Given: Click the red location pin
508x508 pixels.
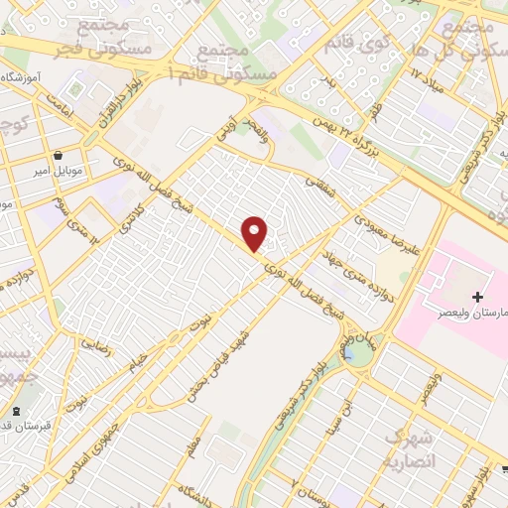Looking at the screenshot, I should click(x=256, y=232).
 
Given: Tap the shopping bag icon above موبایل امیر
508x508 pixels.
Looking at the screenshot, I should click(x=61, y=156).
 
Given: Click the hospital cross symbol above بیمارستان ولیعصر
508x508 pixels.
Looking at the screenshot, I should click(x=477, y=297).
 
